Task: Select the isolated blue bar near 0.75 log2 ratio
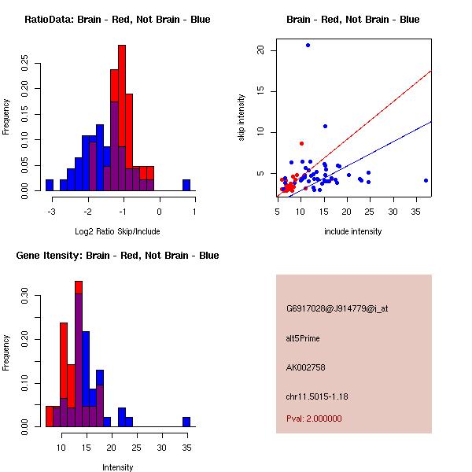point(186,185)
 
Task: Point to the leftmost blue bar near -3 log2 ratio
point(50,185)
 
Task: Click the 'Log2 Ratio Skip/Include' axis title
point(117,231)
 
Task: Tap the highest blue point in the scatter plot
point(308,46)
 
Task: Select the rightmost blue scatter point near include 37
point(426,180)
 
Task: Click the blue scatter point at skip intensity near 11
point(325,126)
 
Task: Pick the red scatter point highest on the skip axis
point(301,143)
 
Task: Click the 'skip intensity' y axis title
point(242,118)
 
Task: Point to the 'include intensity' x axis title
point(353,231)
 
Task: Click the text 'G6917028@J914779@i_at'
point(337,308)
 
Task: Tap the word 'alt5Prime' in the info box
point(303,338)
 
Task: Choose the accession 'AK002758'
point(306,367)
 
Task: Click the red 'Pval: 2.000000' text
point(314,419)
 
